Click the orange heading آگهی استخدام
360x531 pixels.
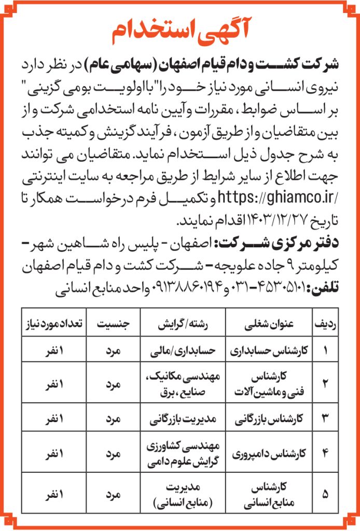(x=179, y=32)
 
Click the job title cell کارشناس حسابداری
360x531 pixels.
(x=269, y=350)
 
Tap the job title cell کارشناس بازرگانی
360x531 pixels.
(x=269, y=418)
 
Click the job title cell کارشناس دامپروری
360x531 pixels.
(x=269, y=454)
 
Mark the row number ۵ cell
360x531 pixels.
(x=325, y=494)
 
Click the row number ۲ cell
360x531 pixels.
(x=325, y=384)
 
